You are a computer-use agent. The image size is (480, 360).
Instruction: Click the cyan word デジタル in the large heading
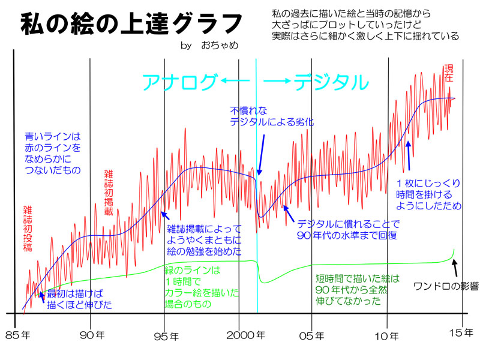pyautogui.click(x=331, y=82)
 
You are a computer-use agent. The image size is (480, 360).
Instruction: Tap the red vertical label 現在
pyautogui.click(x=448, y=73)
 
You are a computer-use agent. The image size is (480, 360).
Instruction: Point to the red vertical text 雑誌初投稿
pyautogui.click(x=28, y=228)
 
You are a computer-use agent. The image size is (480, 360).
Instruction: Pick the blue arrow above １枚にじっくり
pyautogui.click(x=408, y=155)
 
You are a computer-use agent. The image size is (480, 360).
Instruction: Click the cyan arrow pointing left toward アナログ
pyautogui.click(x=235, y=81)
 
